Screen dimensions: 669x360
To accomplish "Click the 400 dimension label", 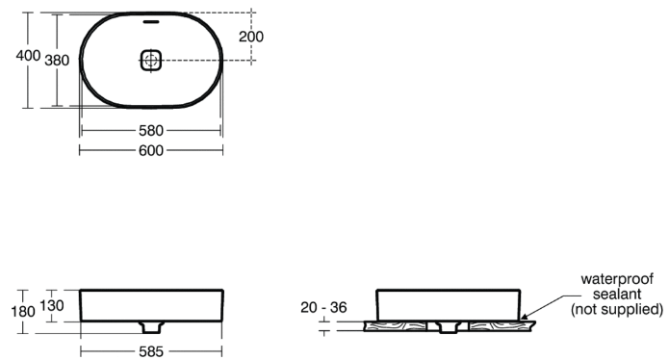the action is point(28,56).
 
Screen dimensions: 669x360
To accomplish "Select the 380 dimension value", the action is point(57,61).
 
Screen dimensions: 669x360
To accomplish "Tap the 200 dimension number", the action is point(251,37).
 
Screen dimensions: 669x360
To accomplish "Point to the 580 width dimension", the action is point(151,131).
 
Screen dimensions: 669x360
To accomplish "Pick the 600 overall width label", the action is point(151,150).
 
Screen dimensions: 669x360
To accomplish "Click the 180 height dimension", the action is point(23,311).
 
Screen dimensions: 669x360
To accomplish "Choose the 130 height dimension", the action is point(52,305).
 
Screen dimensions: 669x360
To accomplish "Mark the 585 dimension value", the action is point(151,351).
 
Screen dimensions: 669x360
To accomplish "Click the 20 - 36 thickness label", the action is point(323,307).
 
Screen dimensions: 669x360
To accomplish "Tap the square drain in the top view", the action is point(150,60).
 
